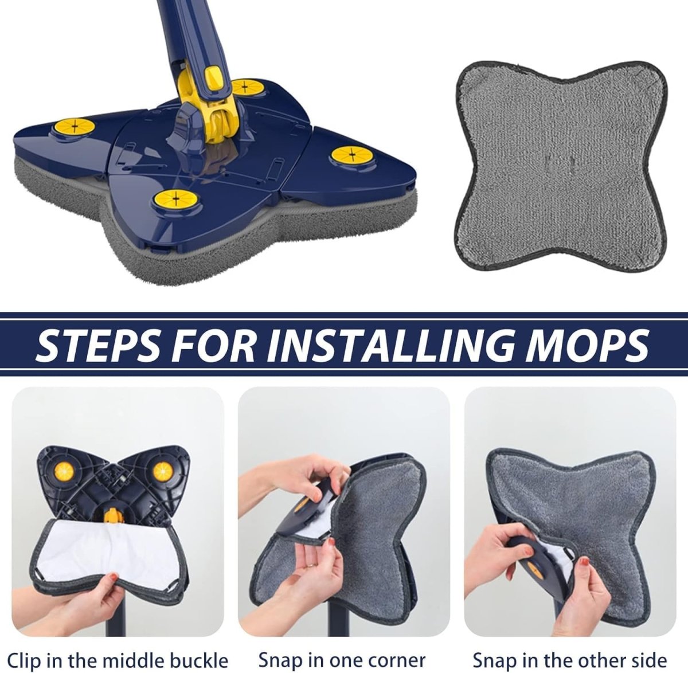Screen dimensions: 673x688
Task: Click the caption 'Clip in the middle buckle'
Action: coord(117,659)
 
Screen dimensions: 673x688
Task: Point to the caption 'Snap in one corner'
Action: coord(342,659)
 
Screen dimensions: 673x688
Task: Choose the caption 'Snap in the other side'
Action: coord(569,659)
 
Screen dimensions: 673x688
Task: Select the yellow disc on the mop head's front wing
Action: coord(170,200)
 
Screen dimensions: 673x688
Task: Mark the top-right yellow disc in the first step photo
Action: coord(163,471)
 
